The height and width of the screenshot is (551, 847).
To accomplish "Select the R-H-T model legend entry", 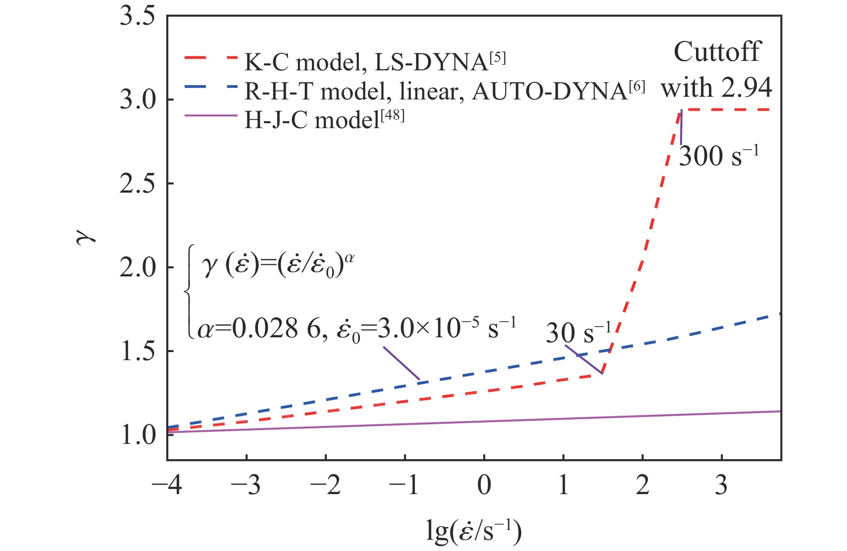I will [444, 91].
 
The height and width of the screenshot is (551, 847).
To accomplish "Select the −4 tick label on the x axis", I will [167, 485].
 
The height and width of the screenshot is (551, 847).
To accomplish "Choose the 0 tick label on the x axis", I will [484, 485].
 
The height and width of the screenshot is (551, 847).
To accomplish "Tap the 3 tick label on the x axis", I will [721, 485].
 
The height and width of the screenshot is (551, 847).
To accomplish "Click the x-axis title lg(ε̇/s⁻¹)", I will [473, 531].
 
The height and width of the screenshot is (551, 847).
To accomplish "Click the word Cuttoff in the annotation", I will [717, 52].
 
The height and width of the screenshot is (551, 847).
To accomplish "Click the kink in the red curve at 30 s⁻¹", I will [602, 373].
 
